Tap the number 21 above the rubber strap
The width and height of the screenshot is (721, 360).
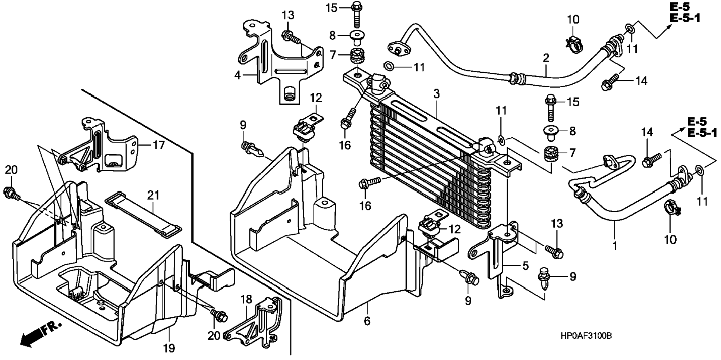coord(153,195)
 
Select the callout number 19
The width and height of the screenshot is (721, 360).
coord(169,348)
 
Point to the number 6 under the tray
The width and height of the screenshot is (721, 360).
coord(367,321)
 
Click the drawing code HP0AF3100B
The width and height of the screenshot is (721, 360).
coord(586,336)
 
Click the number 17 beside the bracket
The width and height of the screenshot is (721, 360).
coord(159,145)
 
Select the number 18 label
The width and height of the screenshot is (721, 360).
coord(246,299)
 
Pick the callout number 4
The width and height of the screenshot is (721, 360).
coord(237,75)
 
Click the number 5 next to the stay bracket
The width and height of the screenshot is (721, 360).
coord(525,266)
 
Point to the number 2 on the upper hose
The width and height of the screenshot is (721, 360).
coord(546,58)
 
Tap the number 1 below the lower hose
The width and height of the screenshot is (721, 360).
coord(615,246)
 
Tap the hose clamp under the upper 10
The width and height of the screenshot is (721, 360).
coord(573,44)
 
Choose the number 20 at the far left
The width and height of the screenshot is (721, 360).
coord(11,170)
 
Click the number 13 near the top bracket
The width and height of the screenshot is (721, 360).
coord(288,16)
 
